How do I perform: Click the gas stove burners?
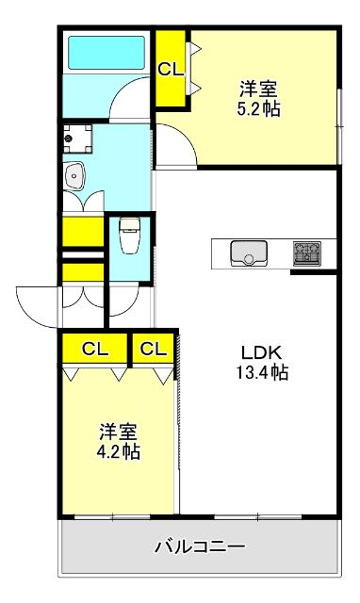[x=306, y=253]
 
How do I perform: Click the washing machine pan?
[x=77, y=140]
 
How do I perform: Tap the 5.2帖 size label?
[x=258, y=108]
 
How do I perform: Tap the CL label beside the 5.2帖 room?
[x=170, y=68]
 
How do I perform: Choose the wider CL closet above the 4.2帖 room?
[x=94, y=349]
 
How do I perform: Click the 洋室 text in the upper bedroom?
[x=258, y=90]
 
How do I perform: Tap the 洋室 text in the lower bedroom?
[x=120, y=432]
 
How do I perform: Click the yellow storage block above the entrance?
[x=82, y=231]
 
